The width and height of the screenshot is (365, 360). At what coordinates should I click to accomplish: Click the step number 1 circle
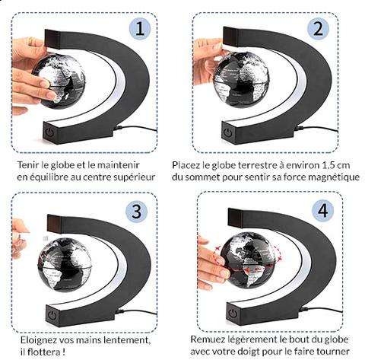(x=140, y=29)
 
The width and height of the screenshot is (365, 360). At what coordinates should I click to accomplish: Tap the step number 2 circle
(x=318, y=29)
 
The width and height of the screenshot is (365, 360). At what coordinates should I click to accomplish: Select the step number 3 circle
(x=137, y=211)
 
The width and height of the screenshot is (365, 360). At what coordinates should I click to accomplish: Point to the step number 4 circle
(x=322, y=211)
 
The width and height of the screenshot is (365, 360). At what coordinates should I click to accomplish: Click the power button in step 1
(x=50, y=132)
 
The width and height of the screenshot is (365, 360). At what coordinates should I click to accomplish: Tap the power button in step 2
(x=228, y=132)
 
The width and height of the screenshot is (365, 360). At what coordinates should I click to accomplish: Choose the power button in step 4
(x=232, y=314)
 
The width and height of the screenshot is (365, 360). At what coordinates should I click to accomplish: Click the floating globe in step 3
(x=65, y=264)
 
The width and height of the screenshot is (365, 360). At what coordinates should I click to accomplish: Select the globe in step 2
(x=241, y=79)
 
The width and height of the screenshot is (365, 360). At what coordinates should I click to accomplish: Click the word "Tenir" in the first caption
(x=27, y=165)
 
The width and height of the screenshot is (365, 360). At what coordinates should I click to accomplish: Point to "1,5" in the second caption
(x=329, y=165)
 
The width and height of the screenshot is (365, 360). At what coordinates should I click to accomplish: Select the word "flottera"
(x=43, y=352)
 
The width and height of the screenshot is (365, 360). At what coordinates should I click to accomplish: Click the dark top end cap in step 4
(x=236, y=218)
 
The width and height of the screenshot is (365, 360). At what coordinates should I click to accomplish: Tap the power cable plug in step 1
(x=118, y=128)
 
